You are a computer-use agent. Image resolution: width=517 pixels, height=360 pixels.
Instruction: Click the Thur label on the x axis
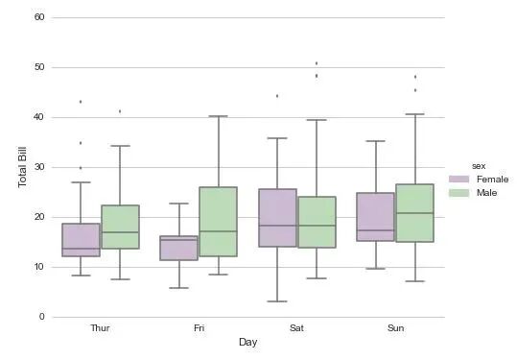[x=100, y=328]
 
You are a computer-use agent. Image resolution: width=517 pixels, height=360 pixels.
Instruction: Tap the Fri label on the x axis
[x=199, y=328]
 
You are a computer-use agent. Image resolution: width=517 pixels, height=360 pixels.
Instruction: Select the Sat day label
[x=296, y=328]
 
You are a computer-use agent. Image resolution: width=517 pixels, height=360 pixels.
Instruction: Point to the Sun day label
[x=395, y=328]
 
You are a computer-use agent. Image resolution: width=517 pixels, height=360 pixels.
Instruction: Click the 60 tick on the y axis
[x=39, y=17]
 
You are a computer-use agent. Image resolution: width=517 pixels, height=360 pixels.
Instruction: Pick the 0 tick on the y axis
[x=41, y=317]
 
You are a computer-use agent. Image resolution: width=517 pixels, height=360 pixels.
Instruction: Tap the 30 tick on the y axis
[x=39, y=167]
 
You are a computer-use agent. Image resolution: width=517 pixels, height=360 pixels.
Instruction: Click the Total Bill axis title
[x=22, y=167]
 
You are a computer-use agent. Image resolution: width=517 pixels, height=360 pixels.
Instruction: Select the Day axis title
[x=247, y=343]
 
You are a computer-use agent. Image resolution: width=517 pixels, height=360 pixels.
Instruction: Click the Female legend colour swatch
[x=458, y=180]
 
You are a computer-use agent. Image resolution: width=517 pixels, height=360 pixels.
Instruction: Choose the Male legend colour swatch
[x=458, y=193]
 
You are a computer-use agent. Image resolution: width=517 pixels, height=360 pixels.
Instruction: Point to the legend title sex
[x=479, y=166]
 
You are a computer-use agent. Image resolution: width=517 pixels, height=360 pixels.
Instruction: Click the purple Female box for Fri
[x=179, y=248]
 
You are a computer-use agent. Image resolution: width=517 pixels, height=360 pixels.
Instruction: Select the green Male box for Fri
[x=219, y=222]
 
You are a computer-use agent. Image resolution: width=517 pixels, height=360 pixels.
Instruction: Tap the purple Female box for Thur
[x=81, y=240]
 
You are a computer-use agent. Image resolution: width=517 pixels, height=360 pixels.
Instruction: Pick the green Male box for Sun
[x=414, y=213]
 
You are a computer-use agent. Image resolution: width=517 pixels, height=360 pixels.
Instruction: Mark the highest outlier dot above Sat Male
[x=317, y=63]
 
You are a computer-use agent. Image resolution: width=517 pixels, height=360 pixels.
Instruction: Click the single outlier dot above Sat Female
[x=277, y=96]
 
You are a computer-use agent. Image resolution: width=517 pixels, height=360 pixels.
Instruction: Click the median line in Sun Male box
[x=414, y=213]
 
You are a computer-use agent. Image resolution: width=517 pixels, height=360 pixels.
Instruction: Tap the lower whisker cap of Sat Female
[x=277, y=301]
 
